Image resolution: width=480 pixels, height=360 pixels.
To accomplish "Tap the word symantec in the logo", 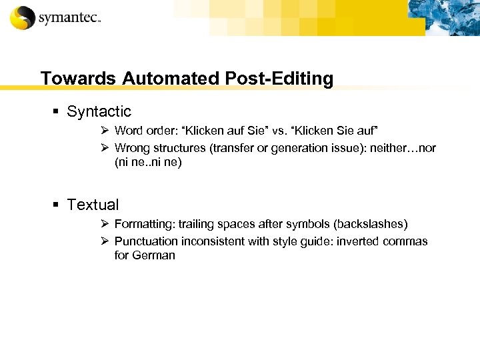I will click(x=69, y=18).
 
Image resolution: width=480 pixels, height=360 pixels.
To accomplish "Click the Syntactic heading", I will click(x=99, y=111).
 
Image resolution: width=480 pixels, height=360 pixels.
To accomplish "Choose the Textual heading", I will click(x=93, y=205).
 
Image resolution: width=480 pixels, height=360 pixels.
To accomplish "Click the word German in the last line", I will click(x=154, y=255).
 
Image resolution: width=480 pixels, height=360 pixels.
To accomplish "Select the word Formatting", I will click(x=143, y=223).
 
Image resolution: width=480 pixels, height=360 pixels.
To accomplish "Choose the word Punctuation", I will click(x=147, y=241).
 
